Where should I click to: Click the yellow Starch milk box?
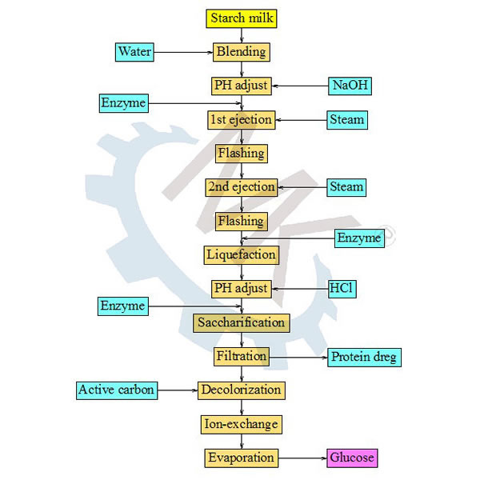(241, 18)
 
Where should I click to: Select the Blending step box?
(241, 52)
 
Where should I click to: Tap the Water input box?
(134, 52)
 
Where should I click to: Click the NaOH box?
(351, 85)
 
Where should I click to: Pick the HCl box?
(342, 288)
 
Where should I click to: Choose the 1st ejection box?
(241, 120)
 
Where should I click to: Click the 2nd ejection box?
(241, 187)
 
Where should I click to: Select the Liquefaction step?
(241, 254)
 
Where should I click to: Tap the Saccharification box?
(241, 323)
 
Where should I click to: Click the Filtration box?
(241, 357)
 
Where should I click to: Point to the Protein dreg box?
(364, 357)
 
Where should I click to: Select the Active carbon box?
(116, 390)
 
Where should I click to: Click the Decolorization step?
(241, 390)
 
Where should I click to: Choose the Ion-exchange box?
(241, 424)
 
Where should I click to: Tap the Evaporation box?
(241, 458)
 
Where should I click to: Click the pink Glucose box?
(351, 458)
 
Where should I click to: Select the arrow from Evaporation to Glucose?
(303, 458)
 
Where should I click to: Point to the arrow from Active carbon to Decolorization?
(178, 390)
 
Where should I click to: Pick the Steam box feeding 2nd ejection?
(346, 187)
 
